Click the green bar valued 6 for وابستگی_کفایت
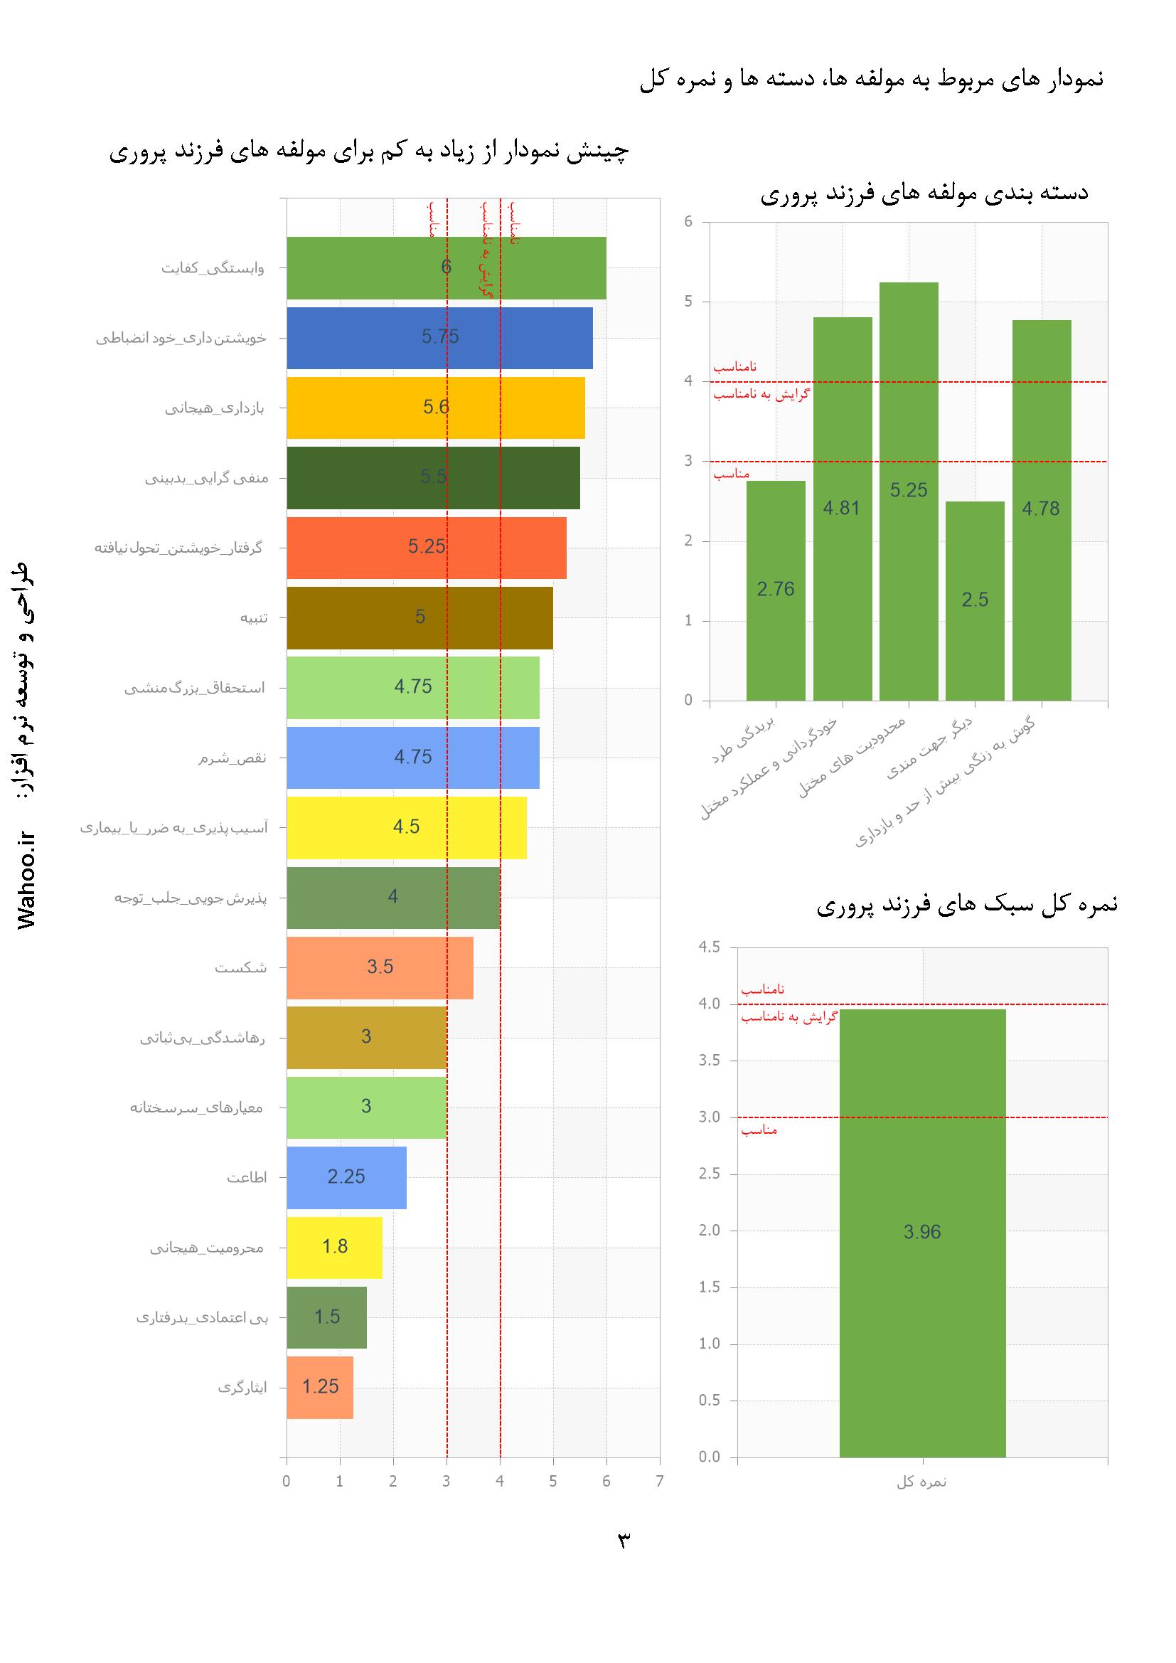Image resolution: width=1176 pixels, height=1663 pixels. click(x=446, y=268)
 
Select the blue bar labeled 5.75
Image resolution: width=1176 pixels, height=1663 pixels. click(x=439, y=338)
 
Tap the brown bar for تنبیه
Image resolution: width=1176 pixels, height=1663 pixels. click(x=419, y=617)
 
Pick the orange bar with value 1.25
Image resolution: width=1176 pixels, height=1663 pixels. click(x=320, y=1386)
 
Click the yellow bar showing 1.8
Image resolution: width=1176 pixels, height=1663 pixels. click(x=335, y=1246)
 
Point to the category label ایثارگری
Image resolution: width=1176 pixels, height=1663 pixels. click(x=242, y=1388)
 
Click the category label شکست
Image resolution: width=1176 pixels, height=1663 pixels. click(x=240, y=967)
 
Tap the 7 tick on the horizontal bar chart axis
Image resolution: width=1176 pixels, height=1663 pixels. click(x=659, y=1481)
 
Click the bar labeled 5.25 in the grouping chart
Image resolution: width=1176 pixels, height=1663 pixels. click(x=909, y=491)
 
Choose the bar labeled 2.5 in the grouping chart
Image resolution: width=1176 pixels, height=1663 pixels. click(x=975, y=600)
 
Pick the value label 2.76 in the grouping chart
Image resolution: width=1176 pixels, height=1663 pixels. click(x=776, y=590)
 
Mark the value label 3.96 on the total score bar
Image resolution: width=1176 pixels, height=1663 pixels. click(x=922, y=1232)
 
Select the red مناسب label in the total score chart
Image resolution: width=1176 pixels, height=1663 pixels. click(x=759, y=1130)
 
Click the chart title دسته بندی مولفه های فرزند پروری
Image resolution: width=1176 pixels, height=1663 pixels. click(x=924, y=193)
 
